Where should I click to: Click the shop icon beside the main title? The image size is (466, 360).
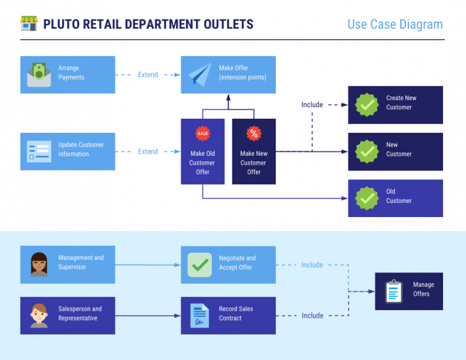click(x=29, y=24)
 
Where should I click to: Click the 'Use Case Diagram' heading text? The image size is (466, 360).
click(x=395, y=24)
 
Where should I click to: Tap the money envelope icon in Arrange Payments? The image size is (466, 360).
click(x=39, y=75)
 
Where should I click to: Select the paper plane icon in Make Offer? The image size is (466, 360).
click(x=199, y=75)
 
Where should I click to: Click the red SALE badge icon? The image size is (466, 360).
click(x=202, y=133)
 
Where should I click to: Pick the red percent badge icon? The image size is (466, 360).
click(x=254, y=133)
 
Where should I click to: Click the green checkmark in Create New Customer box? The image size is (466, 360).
click(x=367, y=105)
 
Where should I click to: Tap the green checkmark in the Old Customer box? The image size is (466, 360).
click(x=367, y=198)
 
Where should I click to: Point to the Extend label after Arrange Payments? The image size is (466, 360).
click(x=148, y=75)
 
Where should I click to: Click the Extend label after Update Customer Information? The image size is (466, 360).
click(x=148, y=151)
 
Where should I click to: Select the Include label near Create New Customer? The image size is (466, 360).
click(x=312, y=105)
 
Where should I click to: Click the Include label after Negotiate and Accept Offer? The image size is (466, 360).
click(x=312, y=265)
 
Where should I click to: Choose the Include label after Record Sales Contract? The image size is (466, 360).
click(x=312, y=315)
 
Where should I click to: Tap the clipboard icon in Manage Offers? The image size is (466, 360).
click(x=394, y=291)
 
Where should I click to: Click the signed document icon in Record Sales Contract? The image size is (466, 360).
click(x=199, y=315)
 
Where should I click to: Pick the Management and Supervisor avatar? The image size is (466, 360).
click(x=39, y=265)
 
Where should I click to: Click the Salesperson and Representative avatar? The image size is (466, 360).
click(x=39, y=315)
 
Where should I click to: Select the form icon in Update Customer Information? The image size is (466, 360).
click(x=39, y=151)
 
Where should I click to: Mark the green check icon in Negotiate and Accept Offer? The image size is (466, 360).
click(x=199, y=265)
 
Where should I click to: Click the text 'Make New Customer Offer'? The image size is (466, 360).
click(x=254, y=163)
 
